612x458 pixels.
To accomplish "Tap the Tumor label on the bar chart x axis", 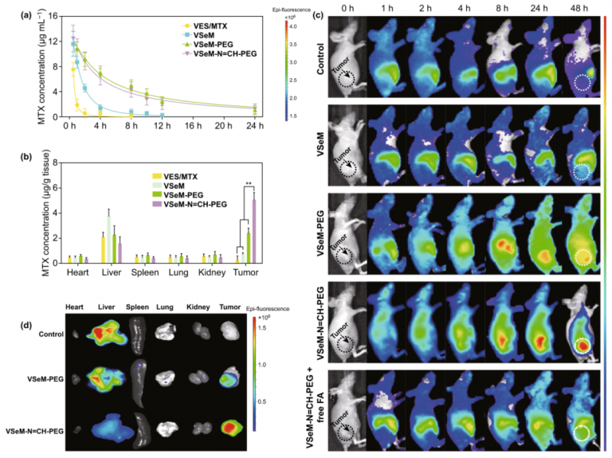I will pyautogui.click(x=251, y=274).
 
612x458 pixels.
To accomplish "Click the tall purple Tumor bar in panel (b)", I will pyautogui.click(x=254, y=230).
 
